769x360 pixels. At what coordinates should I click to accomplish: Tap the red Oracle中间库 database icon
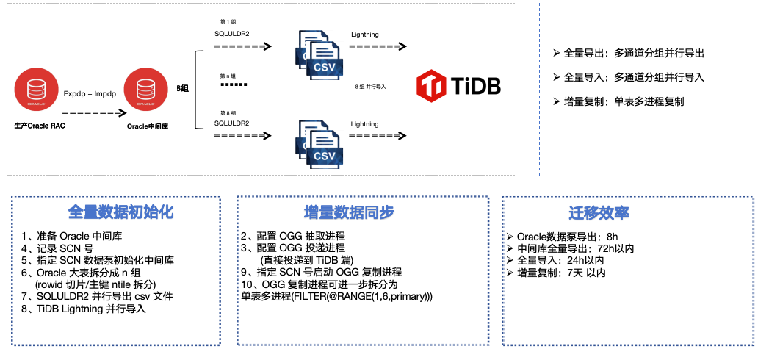point(144,88)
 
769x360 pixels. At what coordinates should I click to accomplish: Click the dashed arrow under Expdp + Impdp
point(91,113)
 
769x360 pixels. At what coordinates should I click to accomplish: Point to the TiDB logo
point(458,86)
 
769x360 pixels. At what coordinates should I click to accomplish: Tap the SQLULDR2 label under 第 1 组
point(231,34)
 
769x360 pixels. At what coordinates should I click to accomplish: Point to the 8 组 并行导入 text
point(371,86)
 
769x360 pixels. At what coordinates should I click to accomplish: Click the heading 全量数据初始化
point(120,212)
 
